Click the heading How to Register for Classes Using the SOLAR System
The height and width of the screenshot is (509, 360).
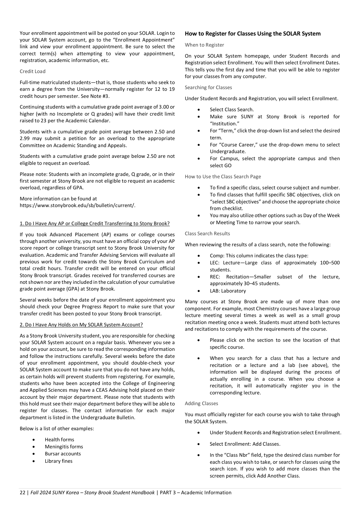(x=253, y=34)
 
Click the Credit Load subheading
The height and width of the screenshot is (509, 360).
(x=32, y=71)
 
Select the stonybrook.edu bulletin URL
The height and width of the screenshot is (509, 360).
(x=77, y=205)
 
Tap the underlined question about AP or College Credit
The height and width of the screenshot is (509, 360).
(x=94, y=224)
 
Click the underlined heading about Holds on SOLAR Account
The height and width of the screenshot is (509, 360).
(x=81, y=325)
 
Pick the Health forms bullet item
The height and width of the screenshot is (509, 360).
(x=59, y=440)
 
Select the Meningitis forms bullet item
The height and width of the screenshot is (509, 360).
(x=64, y=447)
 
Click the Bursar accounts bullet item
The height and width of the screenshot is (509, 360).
(x=63, y=454)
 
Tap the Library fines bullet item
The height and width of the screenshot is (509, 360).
(x=58, y=461)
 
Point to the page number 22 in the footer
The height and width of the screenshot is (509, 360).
(x=22, y=493)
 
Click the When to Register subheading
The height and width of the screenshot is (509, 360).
(x=204, y=45)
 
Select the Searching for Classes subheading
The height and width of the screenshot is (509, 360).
(x=208, y=87)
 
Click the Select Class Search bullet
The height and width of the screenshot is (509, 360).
(x=232, y=110)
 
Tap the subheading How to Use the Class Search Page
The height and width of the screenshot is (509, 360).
(x=223, y=177)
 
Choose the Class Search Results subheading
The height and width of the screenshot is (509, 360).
(x=207, y=234)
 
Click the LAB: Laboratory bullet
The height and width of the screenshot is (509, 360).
(x=228, y=291)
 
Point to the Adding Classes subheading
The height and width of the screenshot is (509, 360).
(x=201, y=403)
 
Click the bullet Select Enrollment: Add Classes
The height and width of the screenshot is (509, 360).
(x=245, y=444)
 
